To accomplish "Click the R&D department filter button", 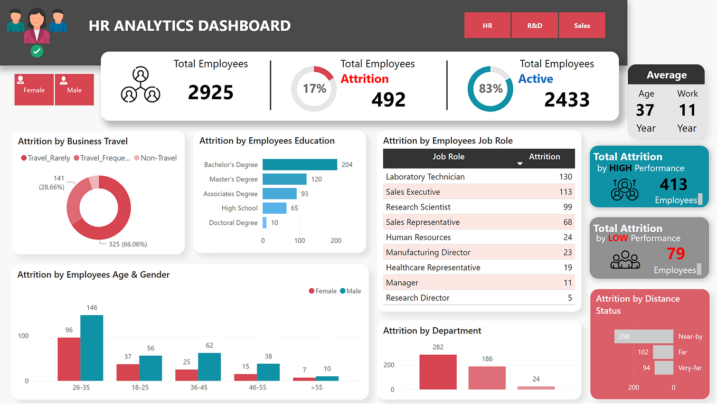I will tap(534, 25).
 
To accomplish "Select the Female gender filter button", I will tap(34, 90).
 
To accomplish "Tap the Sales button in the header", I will tap(582, 25).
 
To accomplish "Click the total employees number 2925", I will tap(211, 92).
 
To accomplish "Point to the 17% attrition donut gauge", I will tap(314, 89).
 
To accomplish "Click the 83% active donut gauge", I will tap(490, 89).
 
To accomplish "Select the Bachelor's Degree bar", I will tap(299, 165).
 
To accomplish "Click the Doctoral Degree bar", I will tap(265, 223).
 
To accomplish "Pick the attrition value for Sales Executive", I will tap(565, 192).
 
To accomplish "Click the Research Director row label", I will tap(418, 298).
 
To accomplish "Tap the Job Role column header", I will tap(448, 157).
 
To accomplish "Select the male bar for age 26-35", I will tap(92, 348).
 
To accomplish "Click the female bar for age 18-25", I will tap(128, 372).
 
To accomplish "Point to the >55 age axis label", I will tap(317, 387).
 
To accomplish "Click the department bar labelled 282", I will tap(438, 372).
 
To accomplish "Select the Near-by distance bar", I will tap(644, 337).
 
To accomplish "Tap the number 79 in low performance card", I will tap(675, 254).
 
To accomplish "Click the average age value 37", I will tap(645, 110).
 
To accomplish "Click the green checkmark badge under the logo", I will tap(37, 51).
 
